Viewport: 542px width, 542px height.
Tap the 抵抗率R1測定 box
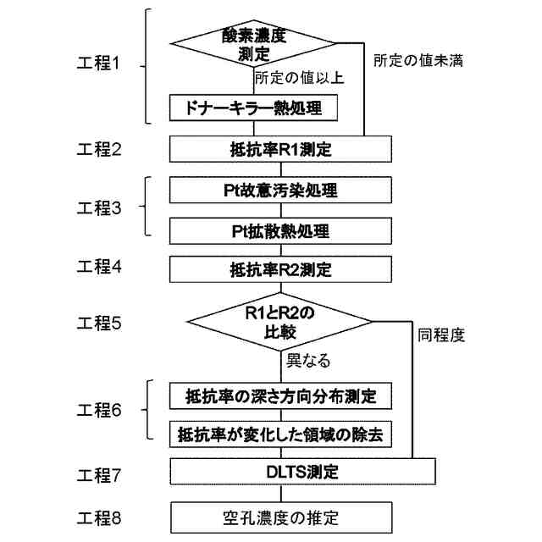point(280,150)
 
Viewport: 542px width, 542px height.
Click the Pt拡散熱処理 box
point(280,230)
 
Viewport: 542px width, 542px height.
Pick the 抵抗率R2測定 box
point(280,271)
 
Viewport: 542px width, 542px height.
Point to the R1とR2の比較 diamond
point(279,321)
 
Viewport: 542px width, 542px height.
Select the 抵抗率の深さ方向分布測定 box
point(280,395)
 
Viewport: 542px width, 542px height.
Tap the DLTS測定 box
point(302,472)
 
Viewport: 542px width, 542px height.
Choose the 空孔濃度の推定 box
point(280,516)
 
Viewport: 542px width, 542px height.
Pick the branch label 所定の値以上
point(298,78)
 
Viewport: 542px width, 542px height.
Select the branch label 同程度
point(441,335)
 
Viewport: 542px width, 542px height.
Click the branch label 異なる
point(307,362)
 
